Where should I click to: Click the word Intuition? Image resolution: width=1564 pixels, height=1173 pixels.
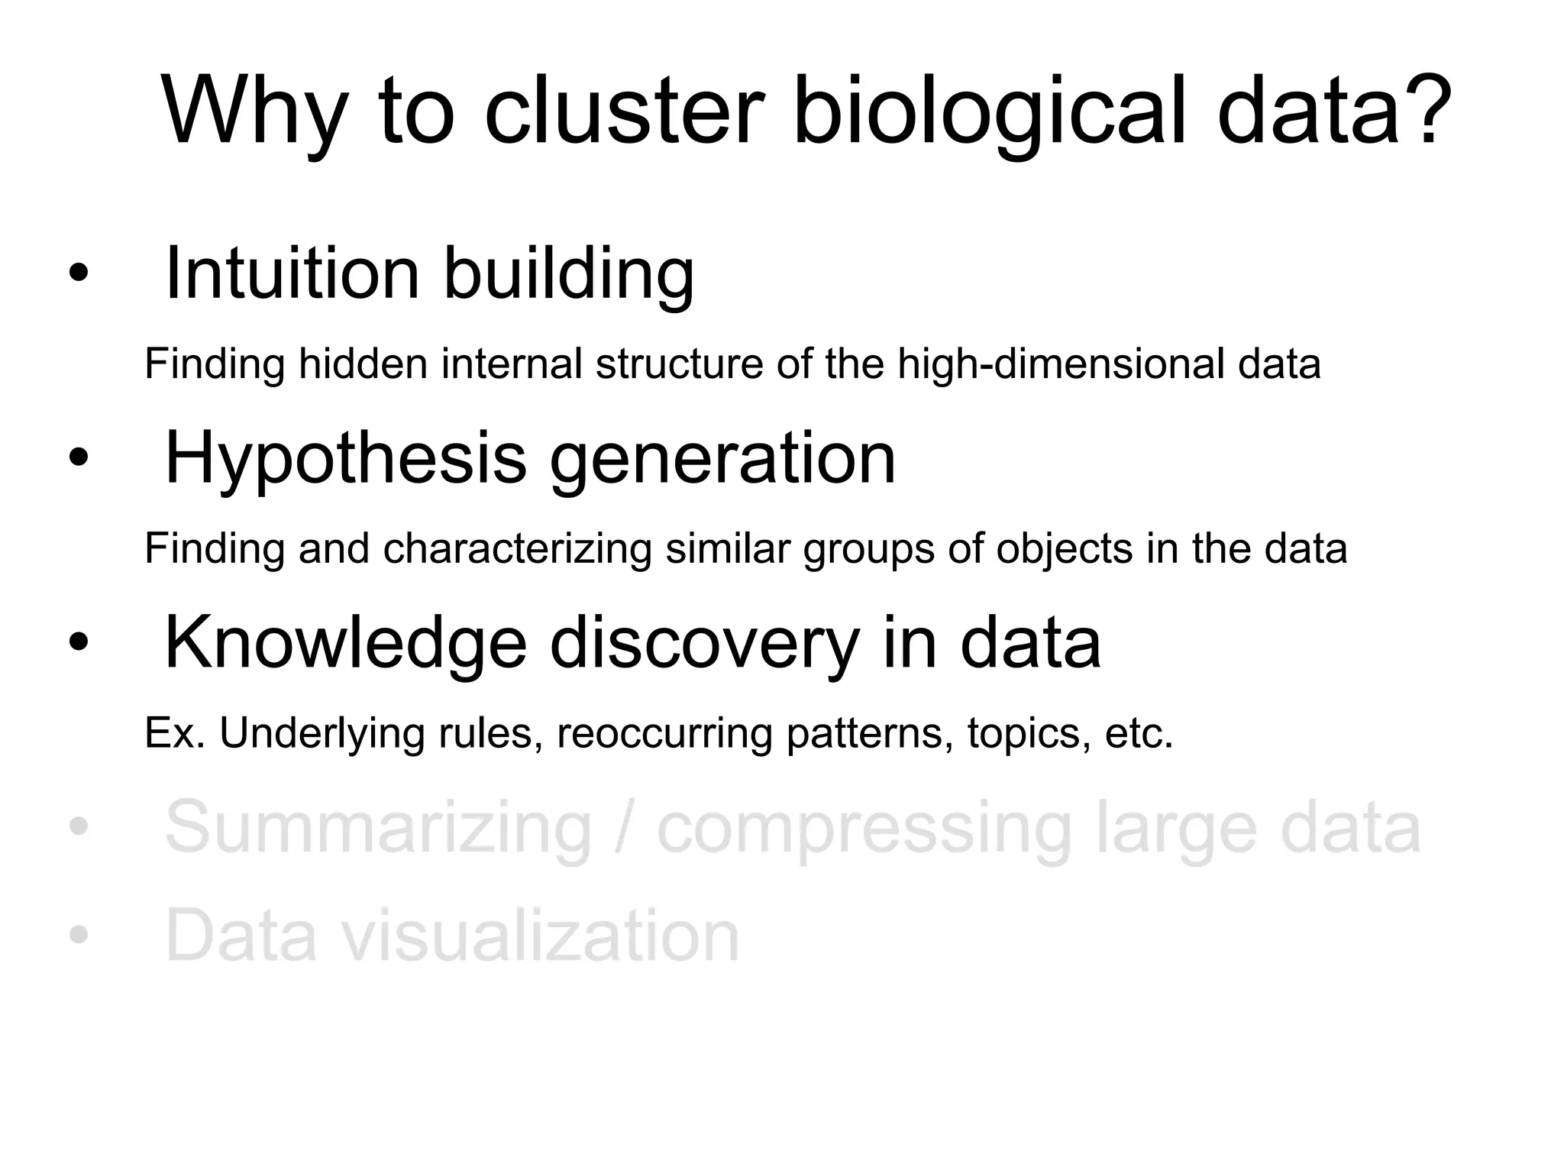(292, 273)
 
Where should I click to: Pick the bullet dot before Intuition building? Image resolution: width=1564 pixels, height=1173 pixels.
(78, 273)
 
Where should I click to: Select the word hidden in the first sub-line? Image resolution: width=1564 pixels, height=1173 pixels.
(362, 364)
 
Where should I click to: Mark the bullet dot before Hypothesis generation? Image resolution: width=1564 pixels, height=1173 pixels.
(78, 458)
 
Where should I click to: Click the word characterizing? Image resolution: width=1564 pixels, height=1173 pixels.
(517, 549)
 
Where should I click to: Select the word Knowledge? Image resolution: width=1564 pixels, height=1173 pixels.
(345, 643)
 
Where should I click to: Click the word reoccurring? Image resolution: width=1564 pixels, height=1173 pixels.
(664, 734)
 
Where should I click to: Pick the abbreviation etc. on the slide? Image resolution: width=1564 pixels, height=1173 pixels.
(1138, 734)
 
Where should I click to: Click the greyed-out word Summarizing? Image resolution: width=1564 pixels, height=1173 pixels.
(378, 829)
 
